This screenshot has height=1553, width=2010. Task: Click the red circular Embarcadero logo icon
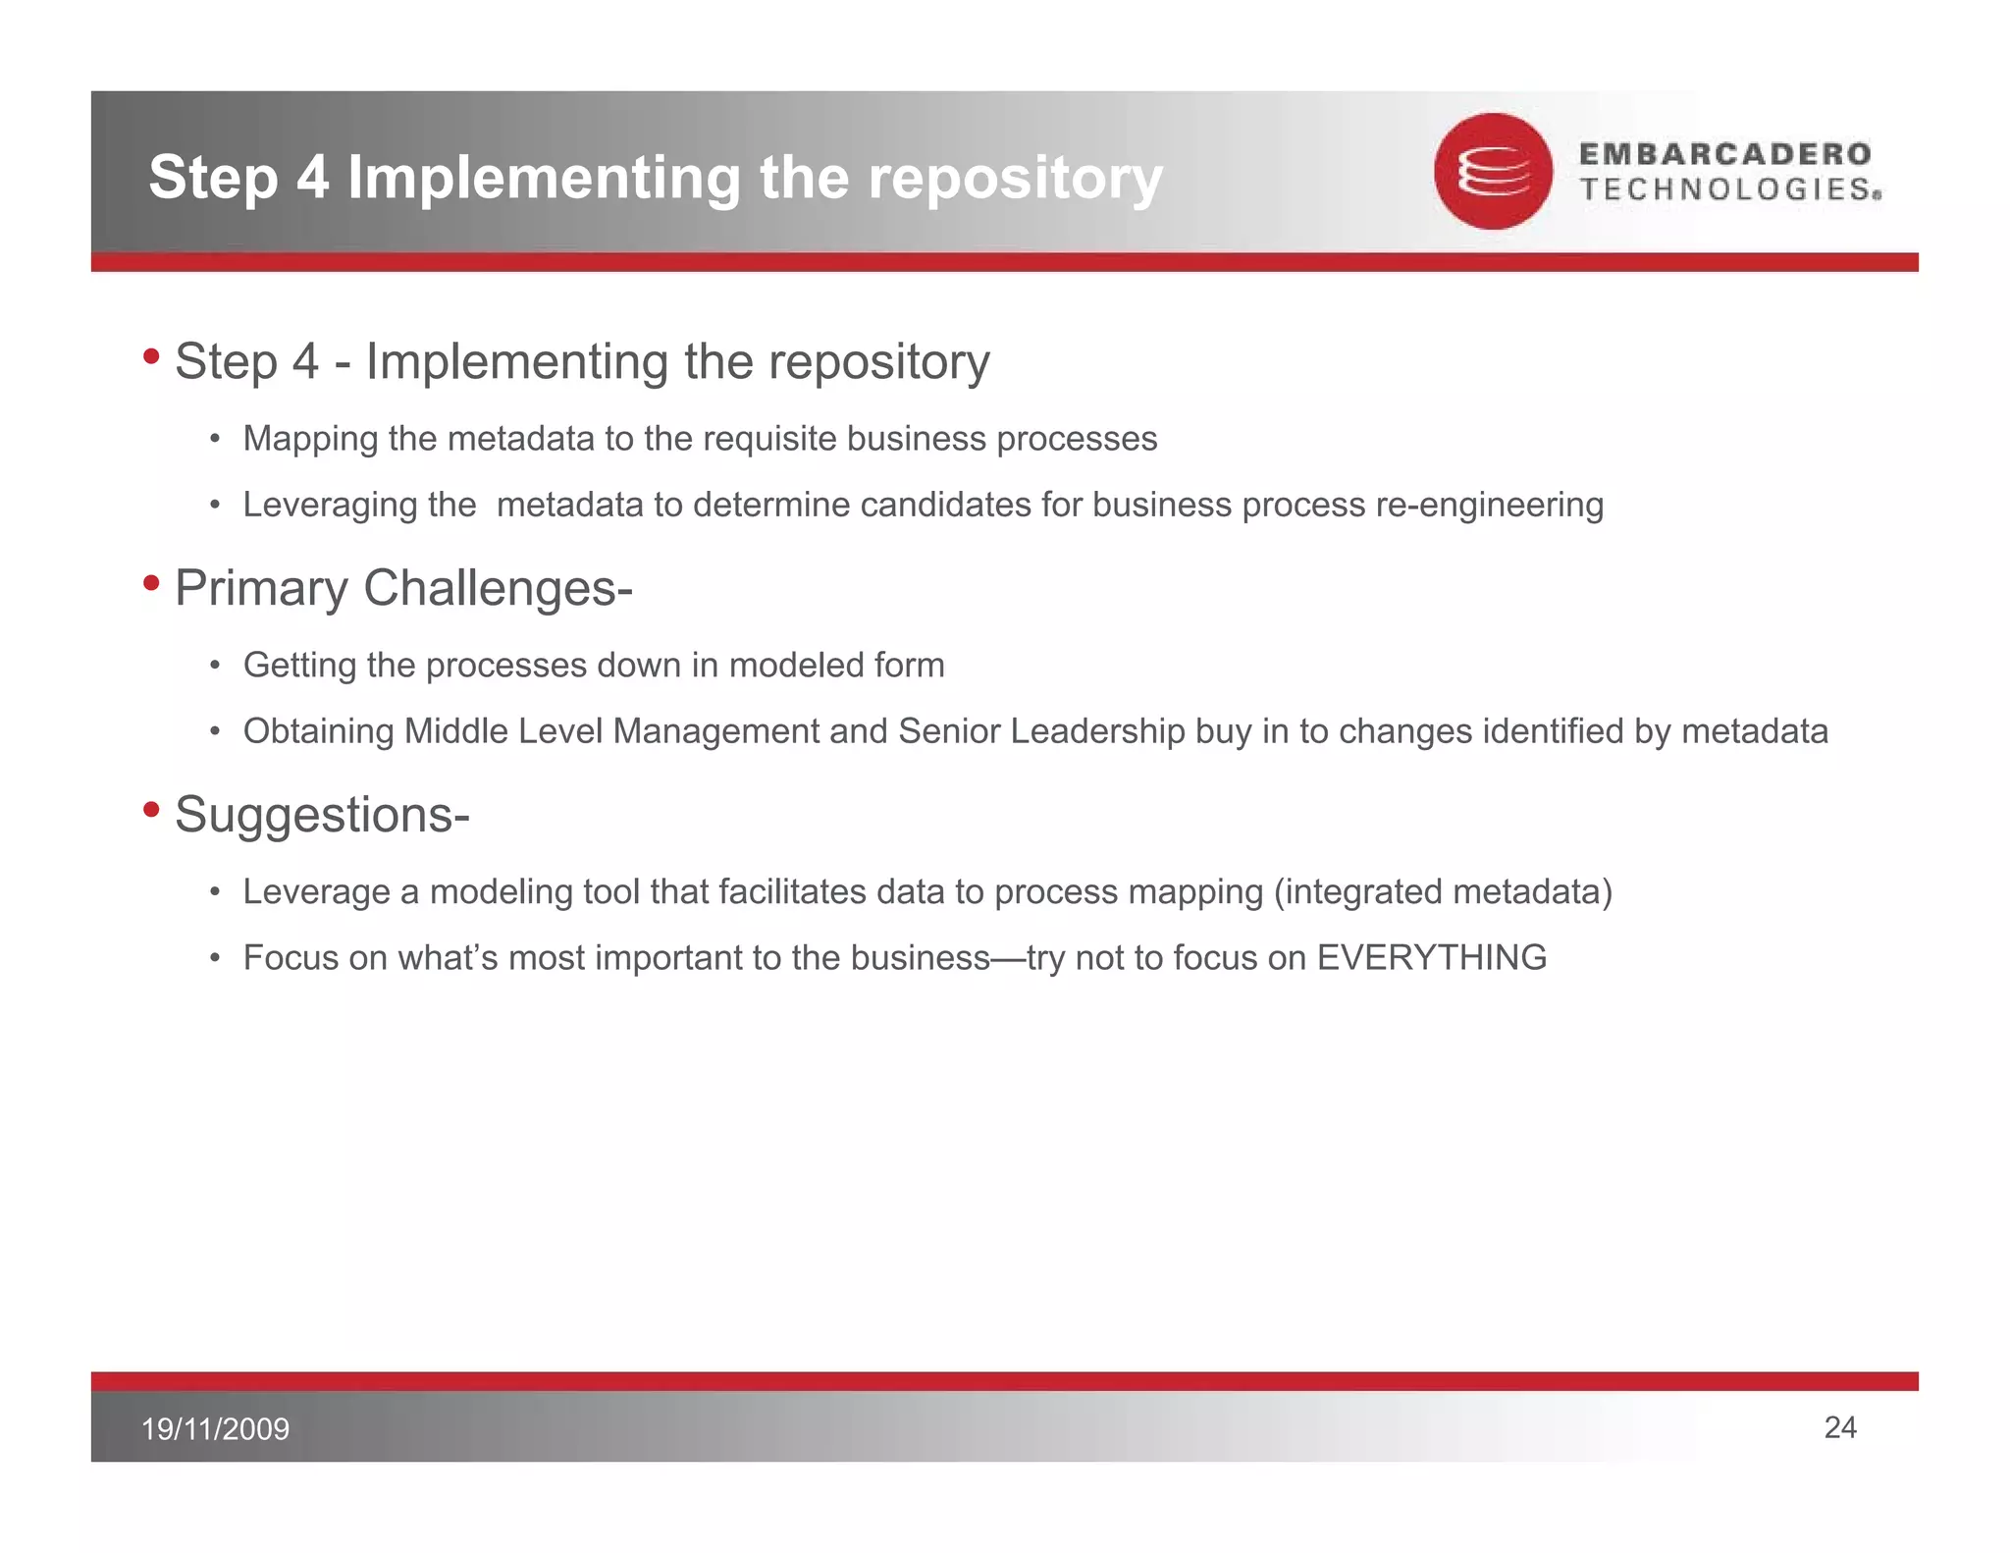(1492, 172)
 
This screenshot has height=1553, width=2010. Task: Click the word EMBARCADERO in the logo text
(1724, 153)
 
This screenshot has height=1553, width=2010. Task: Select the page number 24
(1839, 1427)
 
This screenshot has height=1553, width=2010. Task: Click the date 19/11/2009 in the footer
(216, 1428)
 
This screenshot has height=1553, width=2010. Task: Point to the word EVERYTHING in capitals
(1431, 957)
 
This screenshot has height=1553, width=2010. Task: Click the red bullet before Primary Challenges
(151, 583)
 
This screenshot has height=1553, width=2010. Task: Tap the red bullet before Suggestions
(151, 810)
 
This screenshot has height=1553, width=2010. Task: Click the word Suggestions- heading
(322, 815)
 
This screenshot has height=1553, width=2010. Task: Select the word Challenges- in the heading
(498, 588)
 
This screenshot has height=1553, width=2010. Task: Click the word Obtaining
(318, 731)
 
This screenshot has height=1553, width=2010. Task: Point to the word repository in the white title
(1015, 179)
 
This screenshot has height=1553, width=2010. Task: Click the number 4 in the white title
(312, 179)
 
